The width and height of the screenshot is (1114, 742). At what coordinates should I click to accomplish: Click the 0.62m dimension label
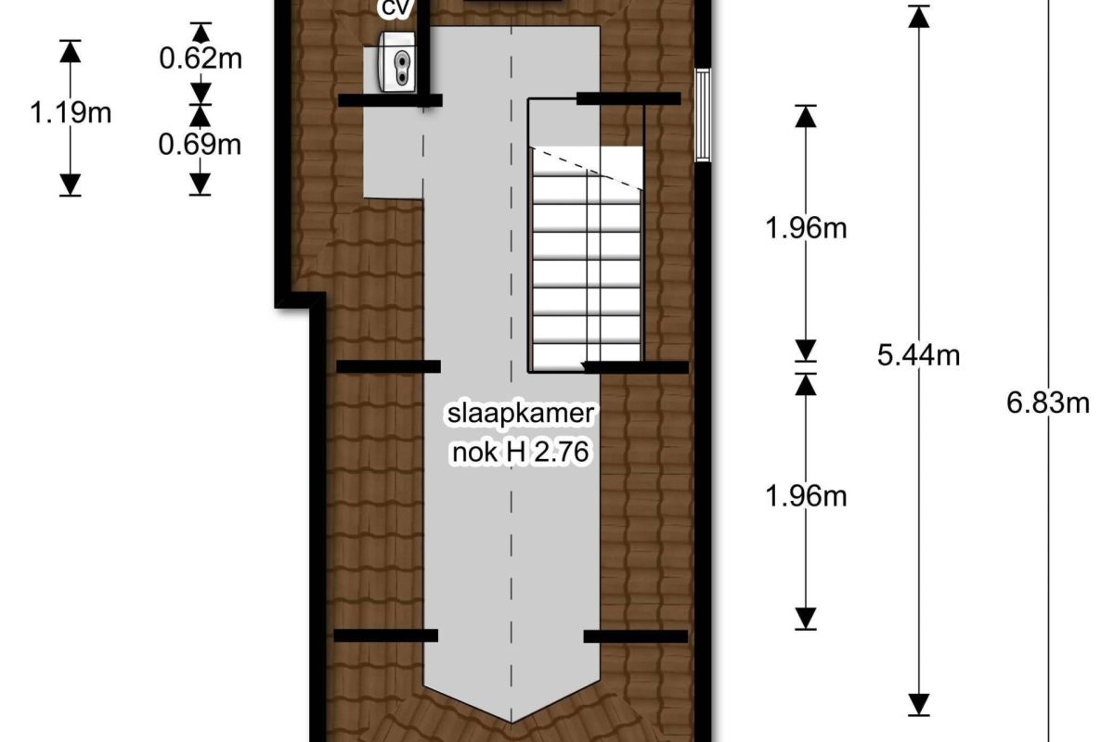[201, 58]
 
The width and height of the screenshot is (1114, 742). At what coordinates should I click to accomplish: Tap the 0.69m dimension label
[200, 145]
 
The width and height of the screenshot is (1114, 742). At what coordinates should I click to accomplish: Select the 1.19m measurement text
[71, 113]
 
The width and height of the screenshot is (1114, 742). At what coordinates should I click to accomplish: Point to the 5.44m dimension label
[918, 356]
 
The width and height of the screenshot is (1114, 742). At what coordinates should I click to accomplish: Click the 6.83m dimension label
[1048, 403]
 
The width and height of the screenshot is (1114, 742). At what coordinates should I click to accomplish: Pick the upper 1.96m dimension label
[806, 228]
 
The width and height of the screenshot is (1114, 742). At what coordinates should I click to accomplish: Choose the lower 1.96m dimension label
[806, 496]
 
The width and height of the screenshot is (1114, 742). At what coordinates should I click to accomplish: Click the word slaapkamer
[521, 414]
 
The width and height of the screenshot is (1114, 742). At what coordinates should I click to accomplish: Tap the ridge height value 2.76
[561, 452]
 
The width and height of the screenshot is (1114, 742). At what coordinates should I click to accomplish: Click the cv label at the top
[395, 8]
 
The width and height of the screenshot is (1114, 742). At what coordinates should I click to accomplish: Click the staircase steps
[587, 259]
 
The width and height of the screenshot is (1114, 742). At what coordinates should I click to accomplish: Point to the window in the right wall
[703, 115]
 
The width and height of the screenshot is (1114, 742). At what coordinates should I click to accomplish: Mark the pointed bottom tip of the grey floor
[512, 723]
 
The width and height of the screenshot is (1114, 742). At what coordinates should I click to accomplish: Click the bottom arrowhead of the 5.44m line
[918, 705]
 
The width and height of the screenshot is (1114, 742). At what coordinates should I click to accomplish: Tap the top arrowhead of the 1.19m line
[71, 51]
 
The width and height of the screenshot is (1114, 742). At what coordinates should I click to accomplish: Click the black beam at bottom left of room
[386, 635]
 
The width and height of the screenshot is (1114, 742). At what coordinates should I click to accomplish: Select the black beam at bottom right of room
[636, 636]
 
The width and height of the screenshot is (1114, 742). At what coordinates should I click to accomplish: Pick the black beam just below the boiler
[391, 100]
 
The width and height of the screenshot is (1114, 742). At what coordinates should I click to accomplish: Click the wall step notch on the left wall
[301, 301]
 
